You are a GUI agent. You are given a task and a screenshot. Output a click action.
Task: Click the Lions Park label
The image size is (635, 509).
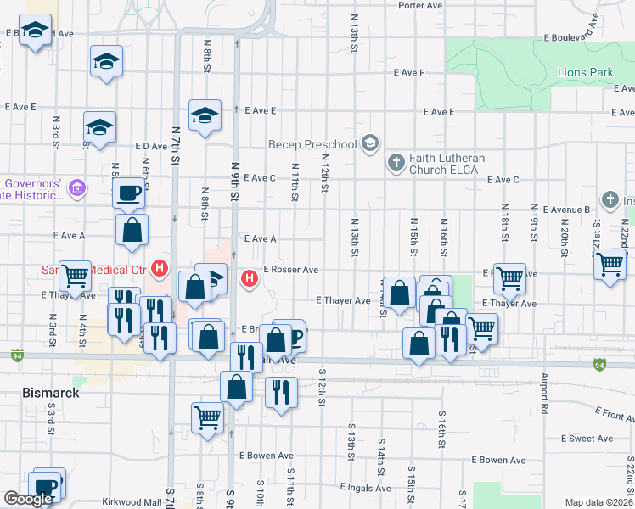point(585,73)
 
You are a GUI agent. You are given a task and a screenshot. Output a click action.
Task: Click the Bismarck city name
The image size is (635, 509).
point(50,394)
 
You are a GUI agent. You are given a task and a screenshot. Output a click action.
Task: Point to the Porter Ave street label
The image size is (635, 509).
point(420,5)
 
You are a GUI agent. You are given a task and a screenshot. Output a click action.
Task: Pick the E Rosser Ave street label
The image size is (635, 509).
point(290,270)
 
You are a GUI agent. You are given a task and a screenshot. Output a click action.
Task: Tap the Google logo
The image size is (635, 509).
point(28,500)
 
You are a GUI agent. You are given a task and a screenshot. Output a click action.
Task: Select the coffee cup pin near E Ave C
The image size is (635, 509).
point(129,194)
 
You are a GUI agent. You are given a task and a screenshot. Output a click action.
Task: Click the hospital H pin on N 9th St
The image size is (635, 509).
point(250,277)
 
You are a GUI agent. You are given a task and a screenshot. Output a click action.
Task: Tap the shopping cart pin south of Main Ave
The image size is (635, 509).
point(207,418)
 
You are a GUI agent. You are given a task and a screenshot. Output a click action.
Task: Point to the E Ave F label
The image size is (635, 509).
point(408,73)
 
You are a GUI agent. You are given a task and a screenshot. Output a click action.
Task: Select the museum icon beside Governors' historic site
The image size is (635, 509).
point(76,187)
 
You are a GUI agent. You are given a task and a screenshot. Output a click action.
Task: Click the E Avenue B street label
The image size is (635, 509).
point(563,210)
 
